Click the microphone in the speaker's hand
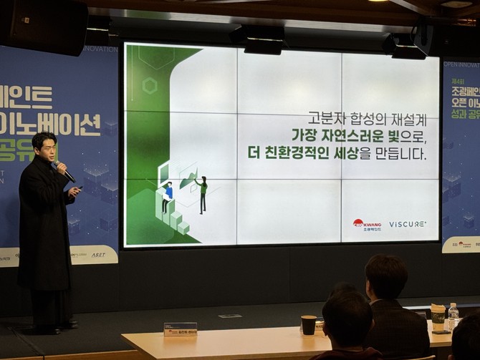62,170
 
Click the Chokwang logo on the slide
367,224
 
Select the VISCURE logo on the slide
408,224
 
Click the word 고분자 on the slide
325,117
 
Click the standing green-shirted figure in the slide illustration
202,193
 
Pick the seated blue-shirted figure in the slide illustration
167,195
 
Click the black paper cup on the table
309,325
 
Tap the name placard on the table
180,329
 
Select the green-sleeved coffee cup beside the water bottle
438,317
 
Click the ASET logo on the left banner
98,255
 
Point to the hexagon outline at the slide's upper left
150,86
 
